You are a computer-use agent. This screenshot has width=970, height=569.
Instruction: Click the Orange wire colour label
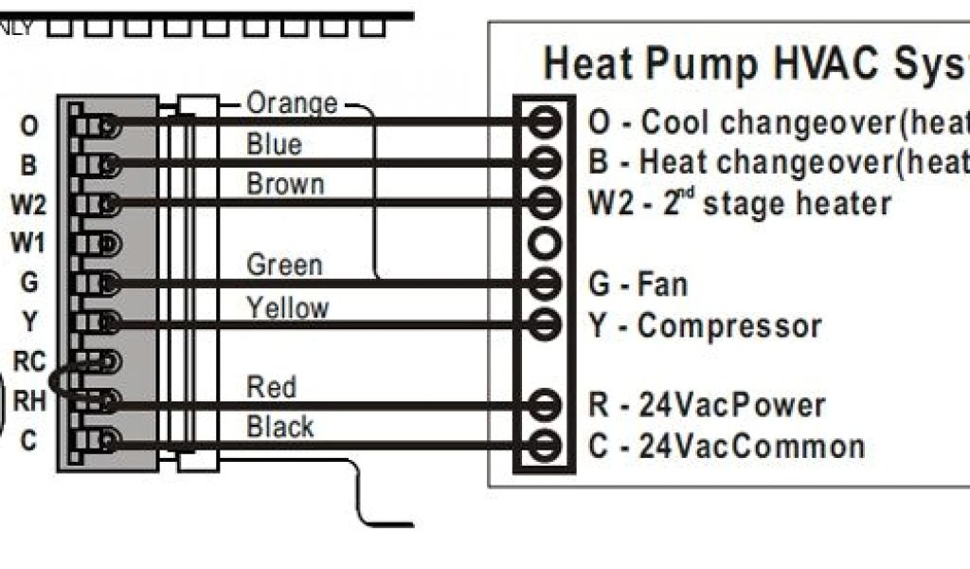(291, 102)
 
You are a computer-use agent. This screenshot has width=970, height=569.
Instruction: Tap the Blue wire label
(274, 144)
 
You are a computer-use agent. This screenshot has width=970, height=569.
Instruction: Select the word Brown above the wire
(284, 184)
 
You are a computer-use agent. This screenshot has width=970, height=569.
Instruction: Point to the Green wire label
(284, 265)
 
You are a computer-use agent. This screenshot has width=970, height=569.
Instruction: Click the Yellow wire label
(287, 307)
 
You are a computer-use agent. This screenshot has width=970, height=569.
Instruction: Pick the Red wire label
(271, 387)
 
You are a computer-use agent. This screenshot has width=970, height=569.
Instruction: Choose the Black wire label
(279, 427)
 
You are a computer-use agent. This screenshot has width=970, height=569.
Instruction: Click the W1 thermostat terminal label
(28, 244)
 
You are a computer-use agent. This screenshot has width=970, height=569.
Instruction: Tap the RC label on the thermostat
(29, 360)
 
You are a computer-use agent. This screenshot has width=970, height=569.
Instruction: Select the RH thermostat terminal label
(29, 401)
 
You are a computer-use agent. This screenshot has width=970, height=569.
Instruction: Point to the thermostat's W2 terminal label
(28, 204)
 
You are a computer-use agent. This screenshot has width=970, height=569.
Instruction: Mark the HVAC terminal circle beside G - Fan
(544, 284)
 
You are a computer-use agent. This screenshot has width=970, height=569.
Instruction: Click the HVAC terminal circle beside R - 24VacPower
(544, 405)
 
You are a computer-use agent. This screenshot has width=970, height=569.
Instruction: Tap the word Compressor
(729, 326)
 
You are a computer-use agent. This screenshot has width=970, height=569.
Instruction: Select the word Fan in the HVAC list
(663, 284)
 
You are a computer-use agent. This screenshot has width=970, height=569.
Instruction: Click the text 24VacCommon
(752, 446)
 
